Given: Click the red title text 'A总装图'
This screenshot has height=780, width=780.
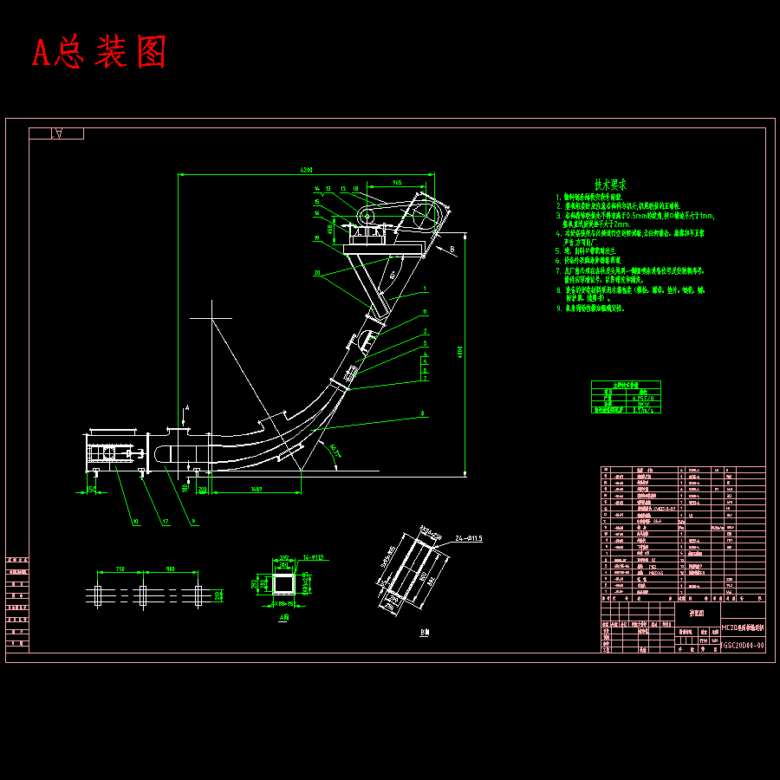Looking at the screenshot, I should click(x=99, y=54).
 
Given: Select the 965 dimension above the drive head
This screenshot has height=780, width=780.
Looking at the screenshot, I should click(x=396, y=183).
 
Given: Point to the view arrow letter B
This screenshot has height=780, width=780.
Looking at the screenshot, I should click(x=452, y=249).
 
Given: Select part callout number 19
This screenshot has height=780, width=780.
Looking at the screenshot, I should click(x=317, y=237).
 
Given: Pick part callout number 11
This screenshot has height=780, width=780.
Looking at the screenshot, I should click(x=425, y=311).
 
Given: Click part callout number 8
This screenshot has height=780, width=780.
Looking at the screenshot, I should click(x=423, y=414).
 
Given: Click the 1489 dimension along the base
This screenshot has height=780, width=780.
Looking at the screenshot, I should click(x=257, y=491).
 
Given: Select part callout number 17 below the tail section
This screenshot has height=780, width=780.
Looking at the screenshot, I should click(x=164, y=522).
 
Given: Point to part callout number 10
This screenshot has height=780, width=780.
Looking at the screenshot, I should click(x=135, y=522).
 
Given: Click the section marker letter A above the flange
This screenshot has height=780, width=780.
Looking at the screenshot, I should click(x=187, y=406).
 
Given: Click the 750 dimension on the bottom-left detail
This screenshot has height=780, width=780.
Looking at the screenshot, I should click(x=120, y=569).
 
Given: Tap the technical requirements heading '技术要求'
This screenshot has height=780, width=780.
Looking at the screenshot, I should click(x=610, y=185).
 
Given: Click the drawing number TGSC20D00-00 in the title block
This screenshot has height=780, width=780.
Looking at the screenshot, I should click(x=743, y=645).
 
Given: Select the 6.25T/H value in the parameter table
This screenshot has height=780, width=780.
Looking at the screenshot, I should click(x=643, y=398).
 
